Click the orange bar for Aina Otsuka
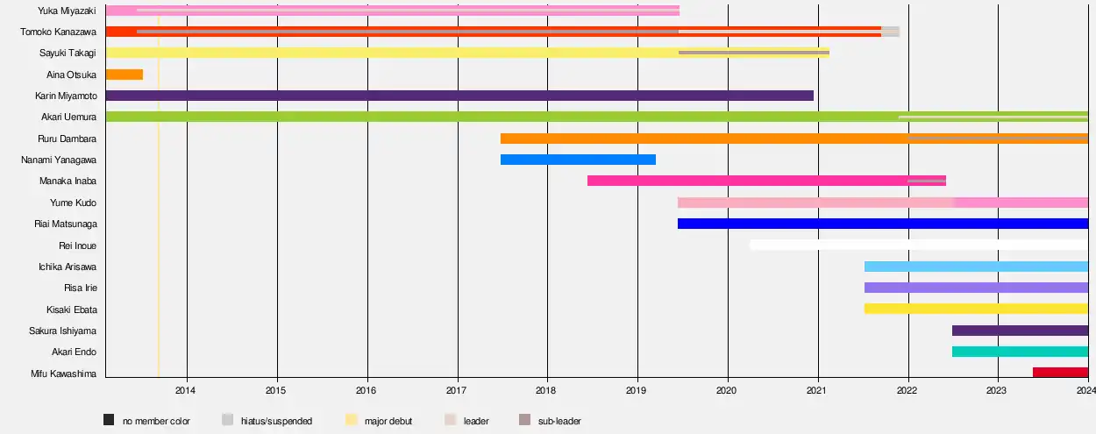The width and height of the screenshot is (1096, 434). (x=124, y=75)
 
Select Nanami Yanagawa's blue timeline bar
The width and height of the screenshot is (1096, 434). (x=578, y=160)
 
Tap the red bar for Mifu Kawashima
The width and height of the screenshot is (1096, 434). (x=1060, y=373)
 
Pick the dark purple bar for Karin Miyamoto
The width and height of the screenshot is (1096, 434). (x=459, y=96)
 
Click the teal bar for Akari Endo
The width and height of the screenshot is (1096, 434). (x=1020, y=352)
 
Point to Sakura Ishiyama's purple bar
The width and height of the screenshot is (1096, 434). (x=1020, y=331)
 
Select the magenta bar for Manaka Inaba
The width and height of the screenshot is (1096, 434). (x=765, y=181)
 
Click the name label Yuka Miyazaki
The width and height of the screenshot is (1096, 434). (x=68, y=11)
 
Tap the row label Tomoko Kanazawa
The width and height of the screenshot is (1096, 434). (x=59, y=32)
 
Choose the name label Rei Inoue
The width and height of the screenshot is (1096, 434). (x=77, y=245)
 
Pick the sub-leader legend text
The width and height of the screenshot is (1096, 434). (x=559, y=422)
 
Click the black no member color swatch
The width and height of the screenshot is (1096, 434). (x=109, y=420)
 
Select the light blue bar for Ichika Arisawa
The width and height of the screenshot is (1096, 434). (x=976, y=267)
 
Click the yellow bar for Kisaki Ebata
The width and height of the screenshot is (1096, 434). (x=976, y=309)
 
